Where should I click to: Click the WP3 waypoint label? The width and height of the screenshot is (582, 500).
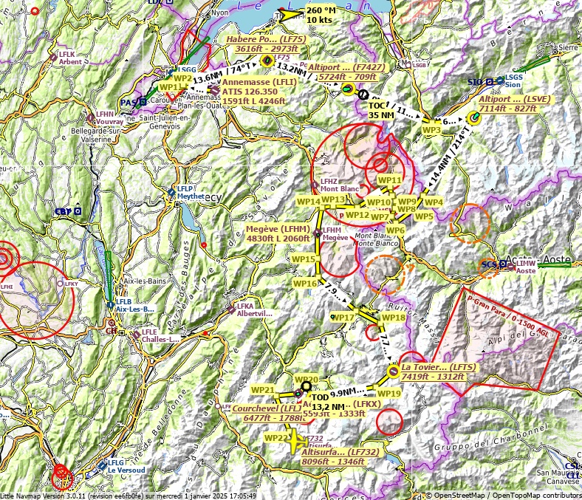tap(431, 130)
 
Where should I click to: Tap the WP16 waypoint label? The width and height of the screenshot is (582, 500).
tap(305, 284)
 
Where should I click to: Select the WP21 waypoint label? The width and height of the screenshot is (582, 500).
tap(263, 390)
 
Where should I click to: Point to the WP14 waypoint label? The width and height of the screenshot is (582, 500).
tap(308, 201)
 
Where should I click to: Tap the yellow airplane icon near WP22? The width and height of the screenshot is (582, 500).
tap(295, 442)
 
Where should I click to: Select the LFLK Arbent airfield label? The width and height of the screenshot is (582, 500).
tap(70, 58)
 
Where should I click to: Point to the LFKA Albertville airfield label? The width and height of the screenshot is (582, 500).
tap(253, 309)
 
